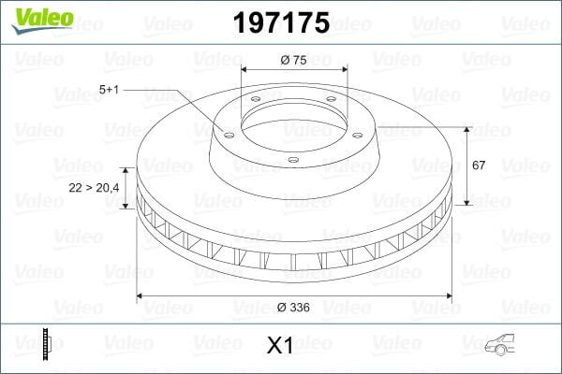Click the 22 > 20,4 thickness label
[93, 188]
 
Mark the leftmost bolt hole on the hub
[225, 134]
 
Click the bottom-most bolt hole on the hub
[293, 160]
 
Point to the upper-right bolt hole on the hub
[333, 102]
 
